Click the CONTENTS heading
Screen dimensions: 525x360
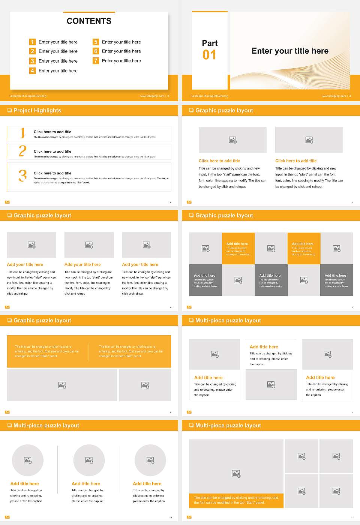tap(89, 21)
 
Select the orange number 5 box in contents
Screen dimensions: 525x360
tap(96, 42)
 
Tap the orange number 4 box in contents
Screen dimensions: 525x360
tap(33, 70)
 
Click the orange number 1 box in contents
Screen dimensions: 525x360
tap(33, 42)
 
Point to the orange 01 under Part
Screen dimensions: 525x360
tap(209, 55)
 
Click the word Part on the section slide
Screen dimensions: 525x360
tap(210, 43)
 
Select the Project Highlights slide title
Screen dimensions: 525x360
tap(37, 110)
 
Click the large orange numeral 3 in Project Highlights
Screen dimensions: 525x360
tap(22, 175)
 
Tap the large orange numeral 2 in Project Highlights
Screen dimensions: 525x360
tap(22, 151)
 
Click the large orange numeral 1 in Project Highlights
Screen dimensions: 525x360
tap(22, 133)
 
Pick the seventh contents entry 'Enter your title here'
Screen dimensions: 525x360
tap(121, 61)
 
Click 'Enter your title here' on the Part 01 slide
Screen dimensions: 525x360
tap(290, 51)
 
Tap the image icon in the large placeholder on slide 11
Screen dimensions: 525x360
tap(236, 474)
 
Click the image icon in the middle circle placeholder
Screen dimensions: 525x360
tap(89, 460)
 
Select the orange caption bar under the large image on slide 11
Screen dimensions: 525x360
tap(236, 500)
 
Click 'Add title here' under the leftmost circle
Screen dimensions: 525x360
tap(24, 484)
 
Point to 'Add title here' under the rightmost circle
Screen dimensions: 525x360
tap(147, 484)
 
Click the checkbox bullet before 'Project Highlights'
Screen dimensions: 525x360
tap(9, 110)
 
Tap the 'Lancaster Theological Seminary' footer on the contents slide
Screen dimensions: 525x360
tap(28, 96)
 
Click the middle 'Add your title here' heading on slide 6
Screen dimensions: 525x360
tap(82, 264)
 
